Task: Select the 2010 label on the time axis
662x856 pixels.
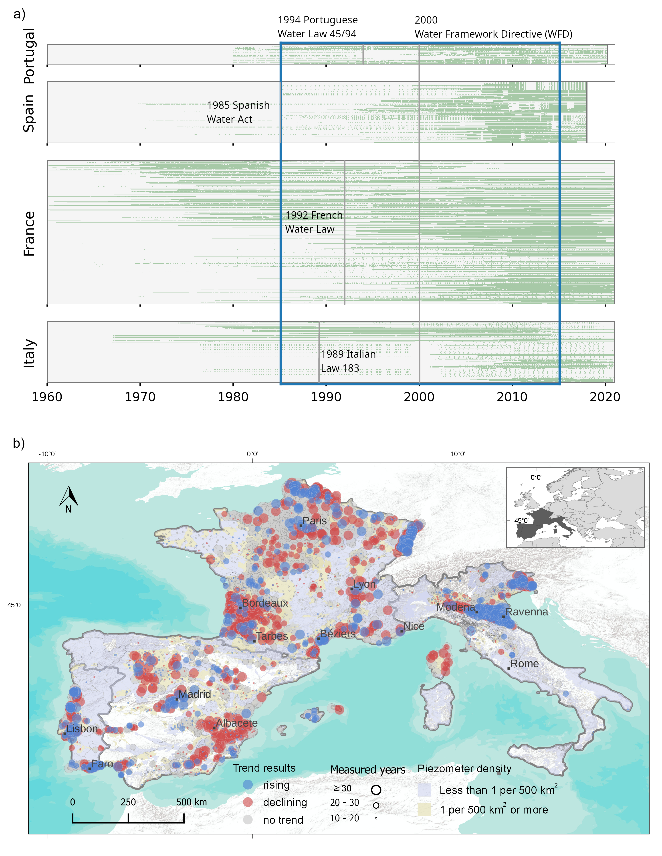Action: (512, 397)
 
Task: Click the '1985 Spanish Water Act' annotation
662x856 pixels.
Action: (238, 112)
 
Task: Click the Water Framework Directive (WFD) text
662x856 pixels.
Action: (493, 34)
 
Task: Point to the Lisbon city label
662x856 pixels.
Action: (82, 729)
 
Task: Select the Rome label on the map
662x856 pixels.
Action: (525, 664)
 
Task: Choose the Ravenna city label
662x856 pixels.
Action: (526, 612)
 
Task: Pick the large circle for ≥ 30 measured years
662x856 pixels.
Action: (376, 790)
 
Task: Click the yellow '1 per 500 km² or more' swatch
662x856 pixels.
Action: (424, 809)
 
